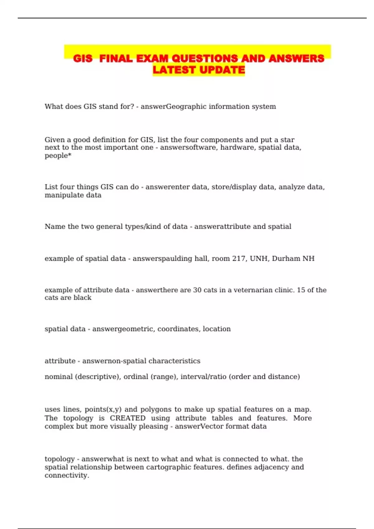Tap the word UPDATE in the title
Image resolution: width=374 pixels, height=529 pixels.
coord(222,70)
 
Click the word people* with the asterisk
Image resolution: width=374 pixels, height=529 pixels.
coord(58,156)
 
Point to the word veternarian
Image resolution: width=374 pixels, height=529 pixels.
coord(253,290)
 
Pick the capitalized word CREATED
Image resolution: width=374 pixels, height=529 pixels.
coord(127,418)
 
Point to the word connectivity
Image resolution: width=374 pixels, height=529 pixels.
coord(67,475)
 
